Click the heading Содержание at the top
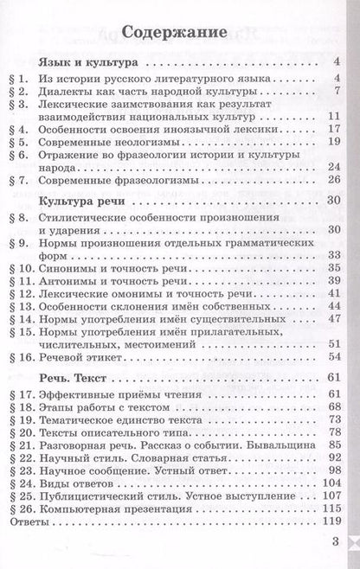tap(179, 34)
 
